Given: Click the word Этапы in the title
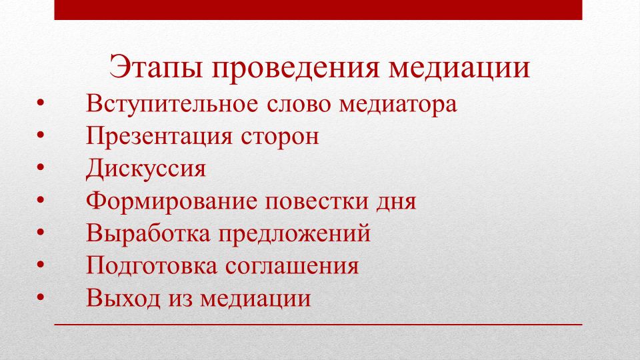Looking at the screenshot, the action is (156, 67).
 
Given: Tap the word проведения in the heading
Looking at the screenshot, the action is (295, 68).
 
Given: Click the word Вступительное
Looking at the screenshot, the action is (172, 104).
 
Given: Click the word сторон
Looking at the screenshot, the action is (279, 138).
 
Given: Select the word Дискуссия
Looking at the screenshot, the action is (146, 169).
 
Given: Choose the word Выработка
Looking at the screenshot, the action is (148, 233).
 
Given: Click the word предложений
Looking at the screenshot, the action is (294, 234).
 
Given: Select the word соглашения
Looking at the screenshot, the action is (292, 267).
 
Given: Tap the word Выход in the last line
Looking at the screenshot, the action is (123, 298).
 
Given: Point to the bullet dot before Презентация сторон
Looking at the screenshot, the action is (40, 135).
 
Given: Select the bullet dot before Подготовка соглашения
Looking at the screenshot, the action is (40, 265).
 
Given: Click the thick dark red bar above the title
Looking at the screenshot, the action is (319, 10).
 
